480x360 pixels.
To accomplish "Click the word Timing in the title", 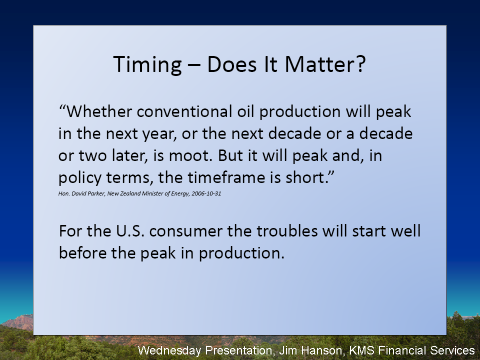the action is click(147, 65).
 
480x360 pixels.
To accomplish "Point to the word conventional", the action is click(184, 111).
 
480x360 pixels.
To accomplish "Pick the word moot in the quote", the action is click(190, 156).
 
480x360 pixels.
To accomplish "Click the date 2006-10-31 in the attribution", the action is click(206, 193).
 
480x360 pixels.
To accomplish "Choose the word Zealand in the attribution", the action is click(130, 193).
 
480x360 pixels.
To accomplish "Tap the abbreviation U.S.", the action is click(130, 231).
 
